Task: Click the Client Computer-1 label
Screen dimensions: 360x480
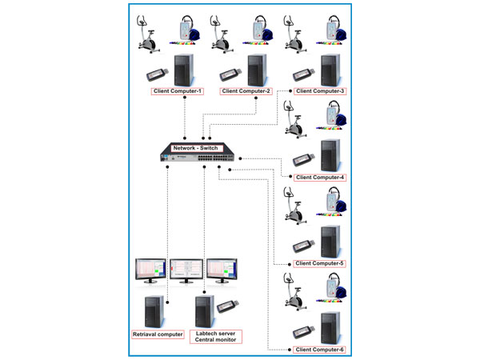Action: (177, 91)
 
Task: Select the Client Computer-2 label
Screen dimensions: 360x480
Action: (247, 91)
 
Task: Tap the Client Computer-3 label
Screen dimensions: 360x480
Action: (320, 91)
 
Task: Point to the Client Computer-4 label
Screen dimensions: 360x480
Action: (319, 178)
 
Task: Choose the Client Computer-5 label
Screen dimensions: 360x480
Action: (319, 263)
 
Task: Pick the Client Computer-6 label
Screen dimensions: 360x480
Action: (319, 350)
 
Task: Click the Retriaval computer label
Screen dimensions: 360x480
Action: (158, 334)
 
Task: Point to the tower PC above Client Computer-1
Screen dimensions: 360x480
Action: (183, 70)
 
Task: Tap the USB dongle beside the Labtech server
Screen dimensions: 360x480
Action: (226, 306)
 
